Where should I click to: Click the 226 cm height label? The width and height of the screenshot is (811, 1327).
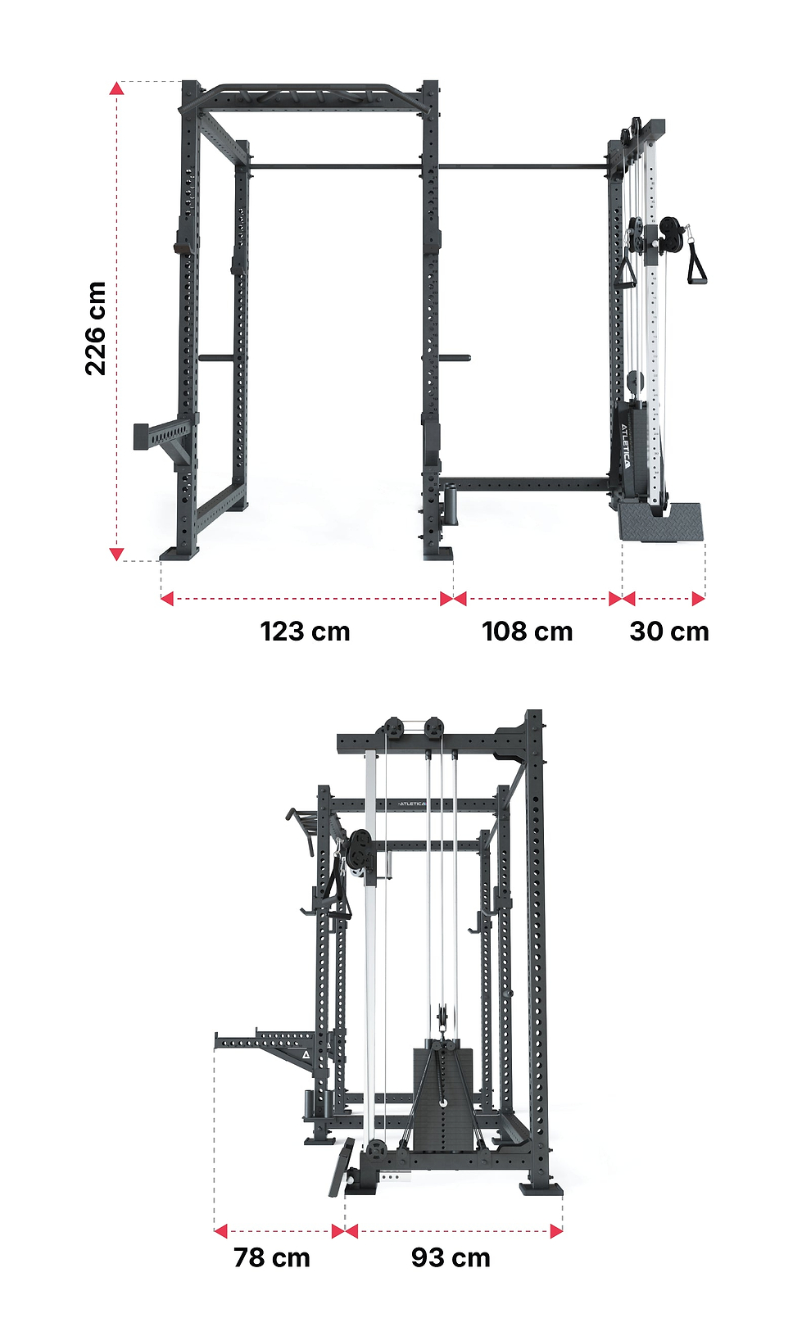pyautogui.click(x=96, y=328)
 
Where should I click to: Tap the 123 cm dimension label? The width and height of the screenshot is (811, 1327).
pyautogui.click(x=305, y=632)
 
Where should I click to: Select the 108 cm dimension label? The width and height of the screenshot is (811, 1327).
pyautogui.click(x=528, y=632)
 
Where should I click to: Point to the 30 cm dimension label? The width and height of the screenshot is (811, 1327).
pyautogui.click(x=669, y=632)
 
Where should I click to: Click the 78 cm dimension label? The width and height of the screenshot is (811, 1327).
pyautogui.click(x=272, y=1257)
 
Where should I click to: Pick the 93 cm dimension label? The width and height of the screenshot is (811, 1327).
pyautogui.click(x=451, y=1257)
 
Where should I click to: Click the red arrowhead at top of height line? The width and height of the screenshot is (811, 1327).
pyautogui.click(x=116, y=88)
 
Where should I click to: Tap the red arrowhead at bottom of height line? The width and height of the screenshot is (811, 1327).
pyautogui.click(x=116, y=554)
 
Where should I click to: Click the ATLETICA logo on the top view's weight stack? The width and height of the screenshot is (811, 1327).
pyautogui.click(x=626, y=445)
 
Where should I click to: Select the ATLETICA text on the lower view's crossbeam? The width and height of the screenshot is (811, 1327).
pyautogui.click(x=412, y=804)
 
